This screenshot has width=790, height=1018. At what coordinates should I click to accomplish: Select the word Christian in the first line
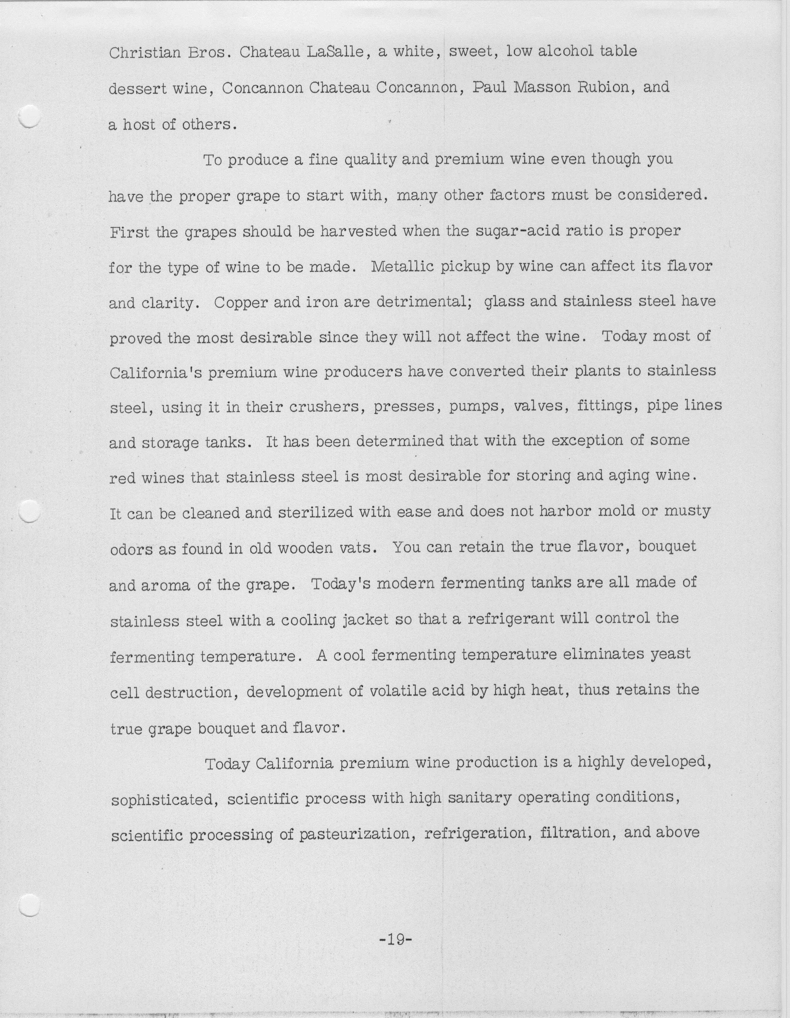tap(145, 52)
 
